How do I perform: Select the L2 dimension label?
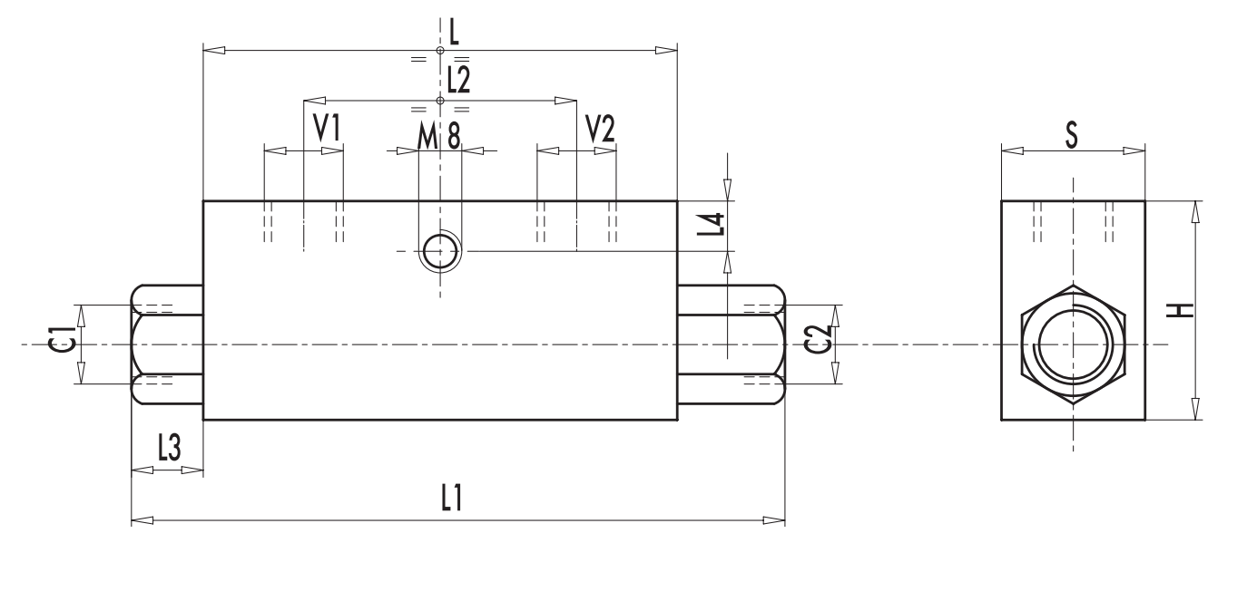[x=458, y=82]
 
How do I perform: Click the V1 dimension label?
[x=327, y=129]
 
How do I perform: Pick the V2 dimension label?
[x=600, y=129]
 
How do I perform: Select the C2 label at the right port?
[x=819, y=344]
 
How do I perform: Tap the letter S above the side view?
[x=1072, y=136]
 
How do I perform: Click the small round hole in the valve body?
[x=440, y=251]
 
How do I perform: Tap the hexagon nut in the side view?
[x=1073, y=345]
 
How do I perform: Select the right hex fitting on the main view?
[x=731, y=344]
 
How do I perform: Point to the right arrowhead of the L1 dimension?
[x=774, y=520]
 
